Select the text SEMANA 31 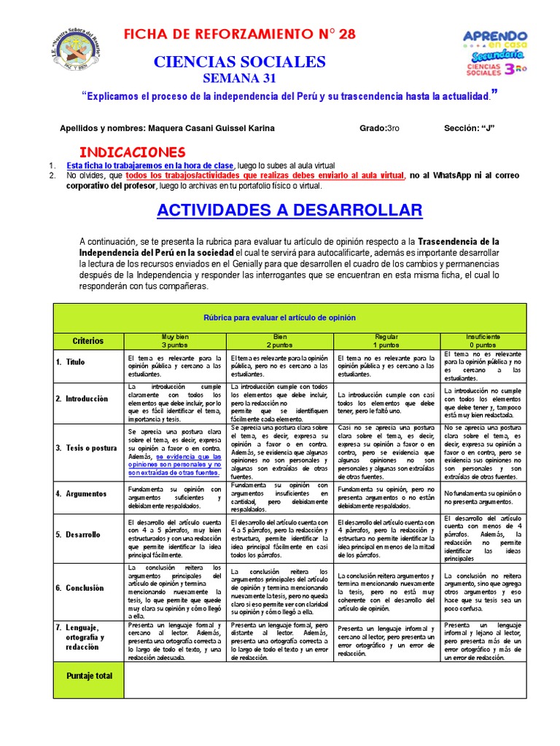(239, 78)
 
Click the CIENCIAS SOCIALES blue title (240, 62)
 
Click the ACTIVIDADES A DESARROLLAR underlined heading (290, 211)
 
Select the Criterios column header (88, 341)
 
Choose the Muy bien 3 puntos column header (176, 341)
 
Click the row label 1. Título (71, 362)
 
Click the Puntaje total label (89, 676)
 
